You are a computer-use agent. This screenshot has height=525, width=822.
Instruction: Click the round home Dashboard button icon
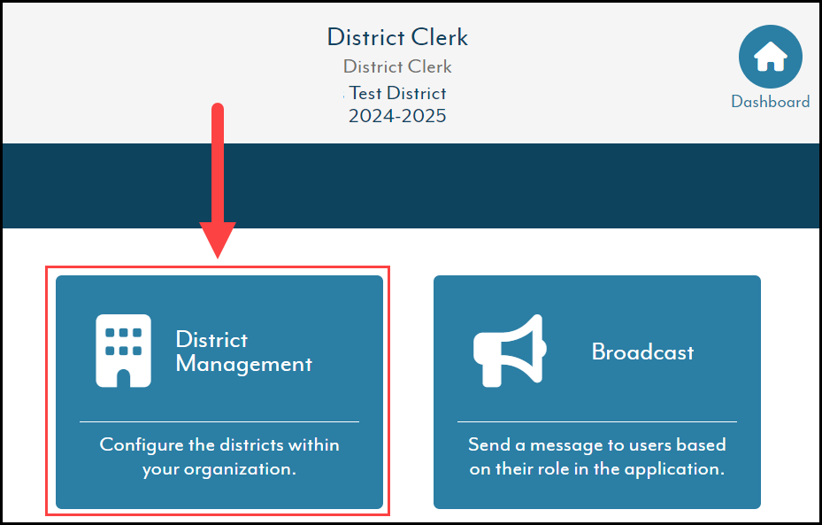(x=770, y=57)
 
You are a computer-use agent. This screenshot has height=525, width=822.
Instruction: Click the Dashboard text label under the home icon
(x=770, y=101)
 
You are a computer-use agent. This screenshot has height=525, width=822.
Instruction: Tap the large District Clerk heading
(x=397, y=37)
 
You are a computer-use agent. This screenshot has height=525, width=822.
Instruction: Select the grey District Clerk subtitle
(x=397, y=66)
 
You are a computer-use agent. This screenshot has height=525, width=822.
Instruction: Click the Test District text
(x=397, y=93)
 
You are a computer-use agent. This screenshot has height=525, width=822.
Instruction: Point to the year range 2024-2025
(x=397, y=116)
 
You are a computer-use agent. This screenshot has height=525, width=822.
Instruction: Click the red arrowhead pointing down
(x=218, y=240)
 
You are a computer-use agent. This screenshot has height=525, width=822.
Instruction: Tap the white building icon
(x=124, y=351)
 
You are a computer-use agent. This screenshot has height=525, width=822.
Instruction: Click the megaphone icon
(x=510, y=351)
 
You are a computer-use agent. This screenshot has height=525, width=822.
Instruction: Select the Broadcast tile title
(x=642, y=352)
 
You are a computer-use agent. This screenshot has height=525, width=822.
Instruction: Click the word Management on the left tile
(x=244, y=365)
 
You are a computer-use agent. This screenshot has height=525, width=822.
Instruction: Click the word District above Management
(x=211, y=340)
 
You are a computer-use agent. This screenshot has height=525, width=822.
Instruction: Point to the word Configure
(x=141, y=444)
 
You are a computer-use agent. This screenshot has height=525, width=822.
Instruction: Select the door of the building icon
(x=124, y=378)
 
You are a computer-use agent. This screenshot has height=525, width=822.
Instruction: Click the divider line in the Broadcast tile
(x=597, y=421)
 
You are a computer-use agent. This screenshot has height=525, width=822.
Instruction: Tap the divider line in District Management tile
(x=219, y=421)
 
